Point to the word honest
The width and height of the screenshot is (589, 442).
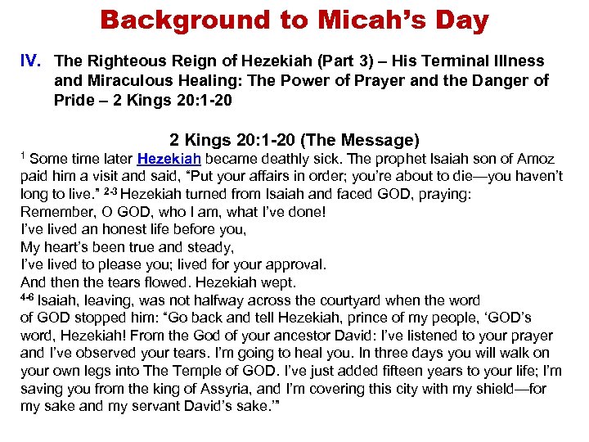pos(111,229)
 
